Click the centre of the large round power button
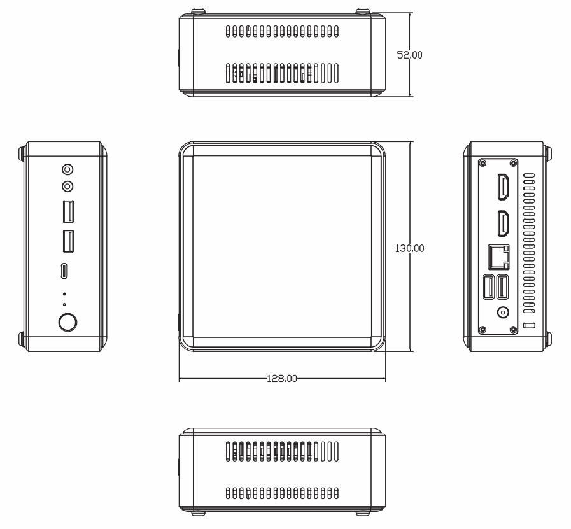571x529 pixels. pyautogui.click(x=67, y=322)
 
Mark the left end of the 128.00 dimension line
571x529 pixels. pyautogui.click(x=179, y=379)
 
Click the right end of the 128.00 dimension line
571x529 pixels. pyautogui.click(x=386, y=379)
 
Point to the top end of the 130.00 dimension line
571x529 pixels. pyautogui.click(x=411, y=142)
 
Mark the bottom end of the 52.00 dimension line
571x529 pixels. pyautogui.click(x=411, y=97)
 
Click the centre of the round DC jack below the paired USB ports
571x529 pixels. pyautogui.click(x=504, y=313)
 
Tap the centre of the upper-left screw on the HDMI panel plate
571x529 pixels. pyautogui.click(x=483, y=163)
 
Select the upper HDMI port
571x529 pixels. pyautogui.click(x=504, y=187)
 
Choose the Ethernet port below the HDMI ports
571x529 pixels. pyautogui.click(x=498, y=257)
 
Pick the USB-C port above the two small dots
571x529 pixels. pyautogui.click(x=64, y=271)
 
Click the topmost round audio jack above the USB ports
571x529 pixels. pyautogui.click(x=67, y=170)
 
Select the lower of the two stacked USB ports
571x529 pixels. pyautogui.click(x=68, y=241)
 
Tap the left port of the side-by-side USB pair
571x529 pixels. pyautogui.click(x=489, y=287)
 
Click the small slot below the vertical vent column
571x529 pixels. pyautogui.click(x=529, y=325)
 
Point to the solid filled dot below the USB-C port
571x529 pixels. pyautogui.click(x=64, y=294)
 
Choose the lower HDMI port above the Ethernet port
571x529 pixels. pyautogui.click(x=504, y=223)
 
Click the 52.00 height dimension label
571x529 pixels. pyautogui.click(x=409, y=55)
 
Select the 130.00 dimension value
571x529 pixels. pyautogui.click(x=410, y=248)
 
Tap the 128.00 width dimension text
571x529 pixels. pyautogui.click(x=282, y=379)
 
